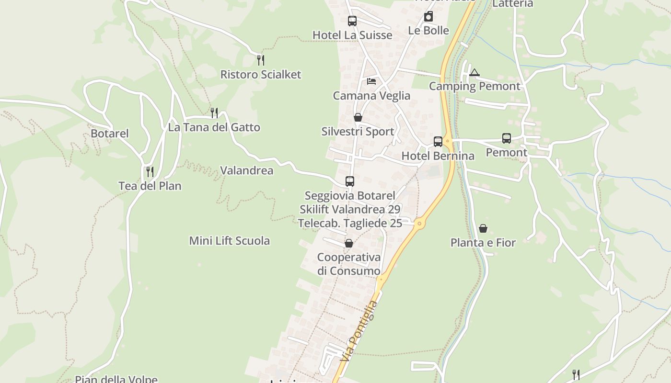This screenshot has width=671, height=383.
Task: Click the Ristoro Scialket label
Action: pyautogui.click(x=260, y=75)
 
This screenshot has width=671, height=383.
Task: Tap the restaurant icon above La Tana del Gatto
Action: pyautogui.click(x=214, y=113)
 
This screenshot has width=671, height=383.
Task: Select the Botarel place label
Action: pyautogui.click(x=110, y=134)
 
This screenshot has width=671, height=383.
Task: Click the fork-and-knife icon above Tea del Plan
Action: pyautogui.click(x=150, y=171)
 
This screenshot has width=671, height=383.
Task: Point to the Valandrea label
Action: pyautogui.click(x=246, y=170)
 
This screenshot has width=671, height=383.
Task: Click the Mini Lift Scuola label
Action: pyautogui.click(x=229, y=241)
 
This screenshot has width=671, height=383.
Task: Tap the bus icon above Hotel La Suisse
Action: pyautogui.click(x=352, y=21)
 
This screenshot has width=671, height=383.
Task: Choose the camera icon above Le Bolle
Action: pyautogui.click(x=428, y=17)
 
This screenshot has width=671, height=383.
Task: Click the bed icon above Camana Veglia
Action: pyautogui.click(x=371, y=81)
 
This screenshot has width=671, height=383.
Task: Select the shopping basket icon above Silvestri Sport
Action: pyautogui.click(x=358, y=117)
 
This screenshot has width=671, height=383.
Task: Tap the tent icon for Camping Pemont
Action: pyautogui.click(x=474, y=73)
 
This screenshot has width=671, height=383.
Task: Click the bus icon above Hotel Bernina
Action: pyautogui.click(x=438, y=142)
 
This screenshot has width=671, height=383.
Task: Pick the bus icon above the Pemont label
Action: pyautogui.click(x=507, y=138)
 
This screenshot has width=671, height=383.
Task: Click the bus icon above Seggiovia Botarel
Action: pyautogui.click(x=350, y=181)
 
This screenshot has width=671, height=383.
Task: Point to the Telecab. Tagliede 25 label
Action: pyautogui.click(x=350, y=223)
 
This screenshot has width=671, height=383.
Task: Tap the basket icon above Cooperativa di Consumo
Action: pyautogui.click(x=349, y=244)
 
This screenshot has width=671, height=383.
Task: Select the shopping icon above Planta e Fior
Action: pyautogui.click(x=483, y=228)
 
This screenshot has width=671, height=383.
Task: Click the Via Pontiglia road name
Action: pyautogui.click(x=360, y=331)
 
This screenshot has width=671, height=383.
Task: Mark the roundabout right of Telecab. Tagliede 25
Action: pyautogui.click(x=420, y=223)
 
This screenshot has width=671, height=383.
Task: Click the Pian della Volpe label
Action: pyautogui.click(x=116, y=379)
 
